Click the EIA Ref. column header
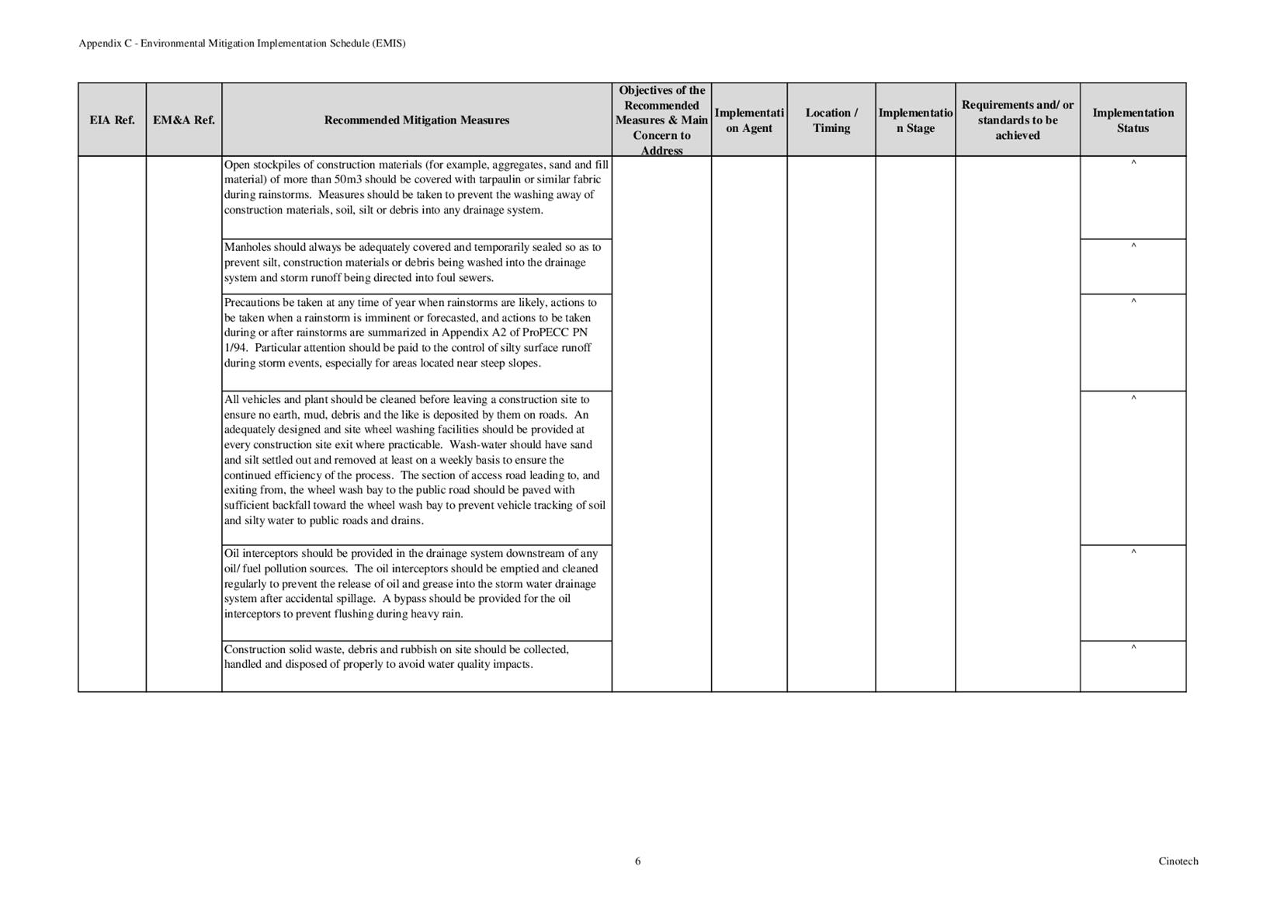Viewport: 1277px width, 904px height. pos(112,120)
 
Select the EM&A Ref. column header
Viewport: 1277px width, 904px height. pos(184,120)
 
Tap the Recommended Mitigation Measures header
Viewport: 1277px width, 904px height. pos(416,120)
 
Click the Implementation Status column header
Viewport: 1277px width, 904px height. pos(1133,120)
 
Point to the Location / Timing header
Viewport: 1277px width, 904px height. pos(831,120)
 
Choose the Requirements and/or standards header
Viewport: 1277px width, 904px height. pos(1017,120)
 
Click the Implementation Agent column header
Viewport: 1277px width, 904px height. pos(749,120)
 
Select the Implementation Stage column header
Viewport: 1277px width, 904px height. pos(915,120)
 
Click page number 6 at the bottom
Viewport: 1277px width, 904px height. pos(638,861)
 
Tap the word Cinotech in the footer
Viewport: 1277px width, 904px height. pos(1178,861)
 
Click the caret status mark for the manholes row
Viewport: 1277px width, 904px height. pos(1133,247)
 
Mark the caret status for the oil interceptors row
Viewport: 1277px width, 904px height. pos(1133,553)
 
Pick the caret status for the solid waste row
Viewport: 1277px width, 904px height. pos(1133,648)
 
